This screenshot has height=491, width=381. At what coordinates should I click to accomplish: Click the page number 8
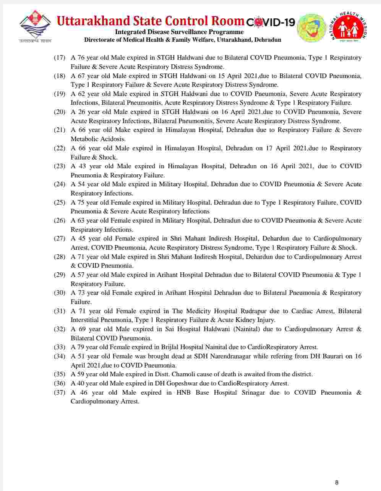click(337, 482)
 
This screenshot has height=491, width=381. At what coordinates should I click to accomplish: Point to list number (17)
click(59, 58)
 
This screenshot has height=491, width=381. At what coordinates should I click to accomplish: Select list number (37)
click(59, 392)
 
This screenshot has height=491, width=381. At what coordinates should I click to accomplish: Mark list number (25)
click(59, 202)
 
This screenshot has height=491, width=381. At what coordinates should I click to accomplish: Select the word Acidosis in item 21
click(113, 139)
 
